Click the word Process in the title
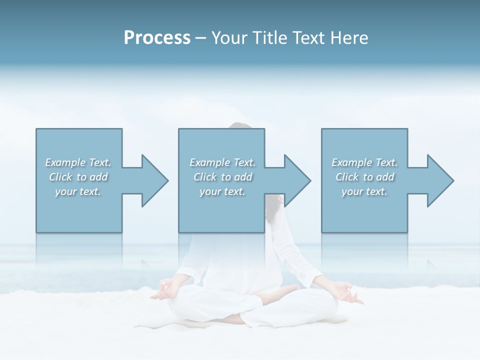[157, 38]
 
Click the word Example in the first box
[65, 162]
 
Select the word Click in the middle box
[204, 177]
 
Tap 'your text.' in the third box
[364, 191]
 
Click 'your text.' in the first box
[78, 191]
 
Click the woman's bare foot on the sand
[287, 290]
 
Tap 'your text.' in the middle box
[222, 191]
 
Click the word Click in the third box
[347, 177]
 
